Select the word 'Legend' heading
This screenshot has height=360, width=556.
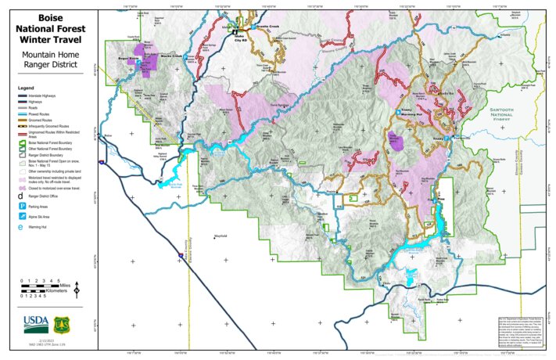27,88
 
